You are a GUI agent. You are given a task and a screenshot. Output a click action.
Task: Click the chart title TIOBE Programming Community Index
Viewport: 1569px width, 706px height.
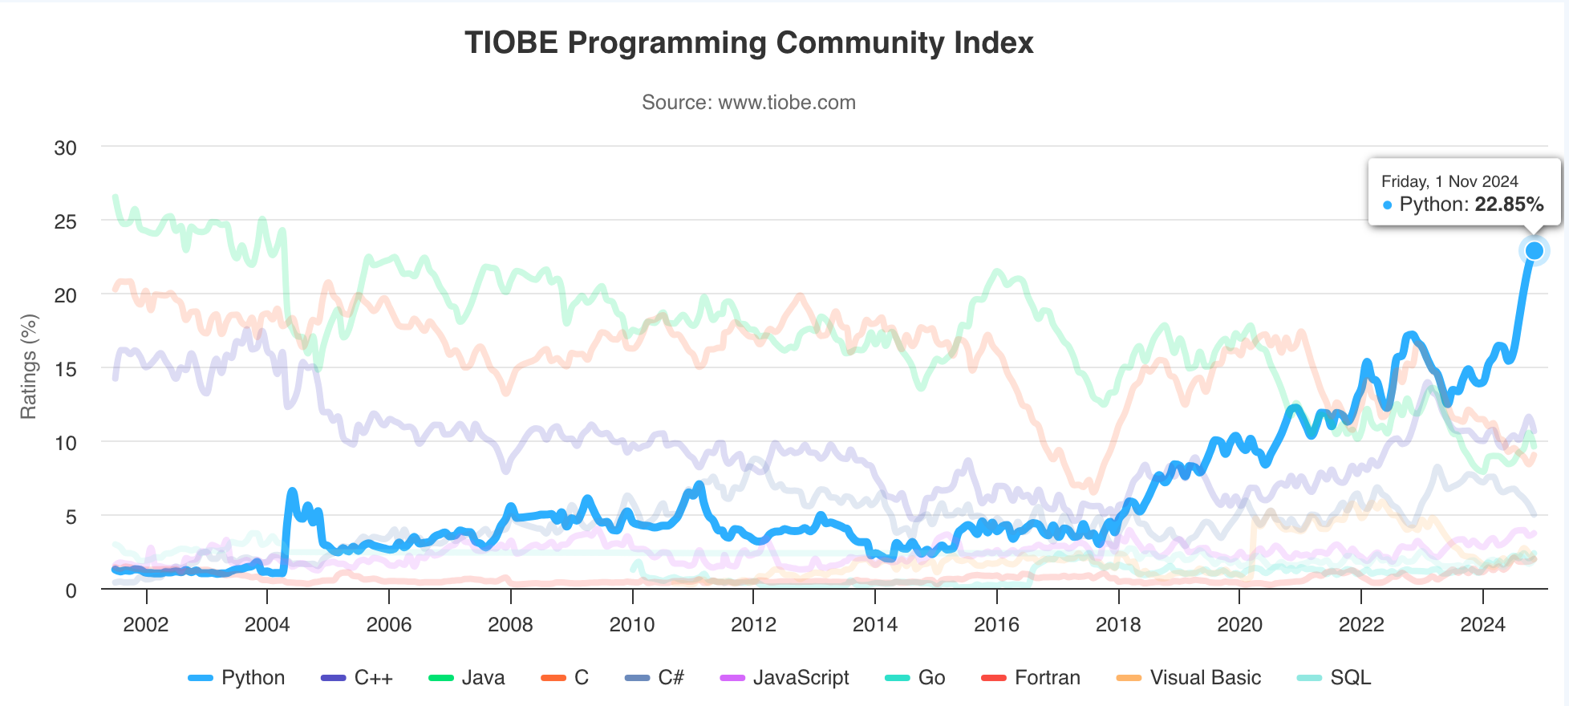point(748,43)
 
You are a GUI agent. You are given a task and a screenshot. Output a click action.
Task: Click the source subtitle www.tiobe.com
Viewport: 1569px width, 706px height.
point(748,103)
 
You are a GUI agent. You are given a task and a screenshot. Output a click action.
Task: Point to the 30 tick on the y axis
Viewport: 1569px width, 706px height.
point(66,148)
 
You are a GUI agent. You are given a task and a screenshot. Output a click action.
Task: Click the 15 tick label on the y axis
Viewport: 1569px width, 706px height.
point(66,369)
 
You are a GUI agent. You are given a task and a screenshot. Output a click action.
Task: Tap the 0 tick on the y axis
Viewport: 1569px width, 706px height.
point(71,590)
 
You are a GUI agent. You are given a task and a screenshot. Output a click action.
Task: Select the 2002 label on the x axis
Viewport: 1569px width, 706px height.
point(146,625)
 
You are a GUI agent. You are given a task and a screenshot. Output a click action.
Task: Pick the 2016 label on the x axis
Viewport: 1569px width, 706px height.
point(996,625)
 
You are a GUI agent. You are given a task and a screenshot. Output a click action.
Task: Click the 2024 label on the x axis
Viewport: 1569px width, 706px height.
point(1482,625)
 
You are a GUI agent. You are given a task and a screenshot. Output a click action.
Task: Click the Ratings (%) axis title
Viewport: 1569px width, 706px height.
point(29,367)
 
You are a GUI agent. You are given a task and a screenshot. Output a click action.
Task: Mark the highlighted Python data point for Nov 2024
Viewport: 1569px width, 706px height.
point(1534,251)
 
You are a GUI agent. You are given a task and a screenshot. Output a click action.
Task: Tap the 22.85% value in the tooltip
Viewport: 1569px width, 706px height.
point(1509,205)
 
